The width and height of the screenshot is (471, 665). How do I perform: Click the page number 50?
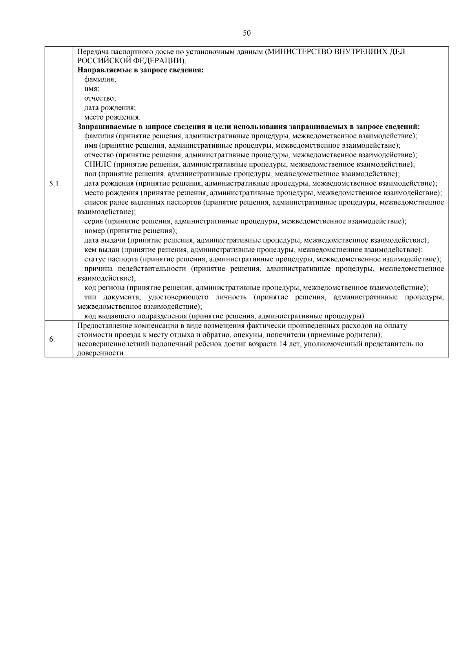point(247,33)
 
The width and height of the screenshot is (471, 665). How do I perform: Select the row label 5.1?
point(55,183)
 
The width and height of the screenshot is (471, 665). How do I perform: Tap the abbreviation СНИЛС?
point(95,165)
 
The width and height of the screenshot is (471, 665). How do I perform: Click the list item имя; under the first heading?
point(91,89)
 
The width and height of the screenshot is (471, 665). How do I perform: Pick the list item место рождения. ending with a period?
point(112,118)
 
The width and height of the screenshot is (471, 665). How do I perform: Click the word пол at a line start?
point(90,174)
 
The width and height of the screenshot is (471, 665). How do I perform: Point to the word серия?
point(93,221)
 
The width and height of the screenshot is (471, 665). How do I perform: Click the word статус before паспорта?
point(95,259)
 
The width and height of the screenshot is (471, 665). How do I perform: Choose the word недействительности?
point(152,269)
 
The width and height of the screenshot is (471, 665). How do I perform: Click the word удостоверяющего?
point(179,297)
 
